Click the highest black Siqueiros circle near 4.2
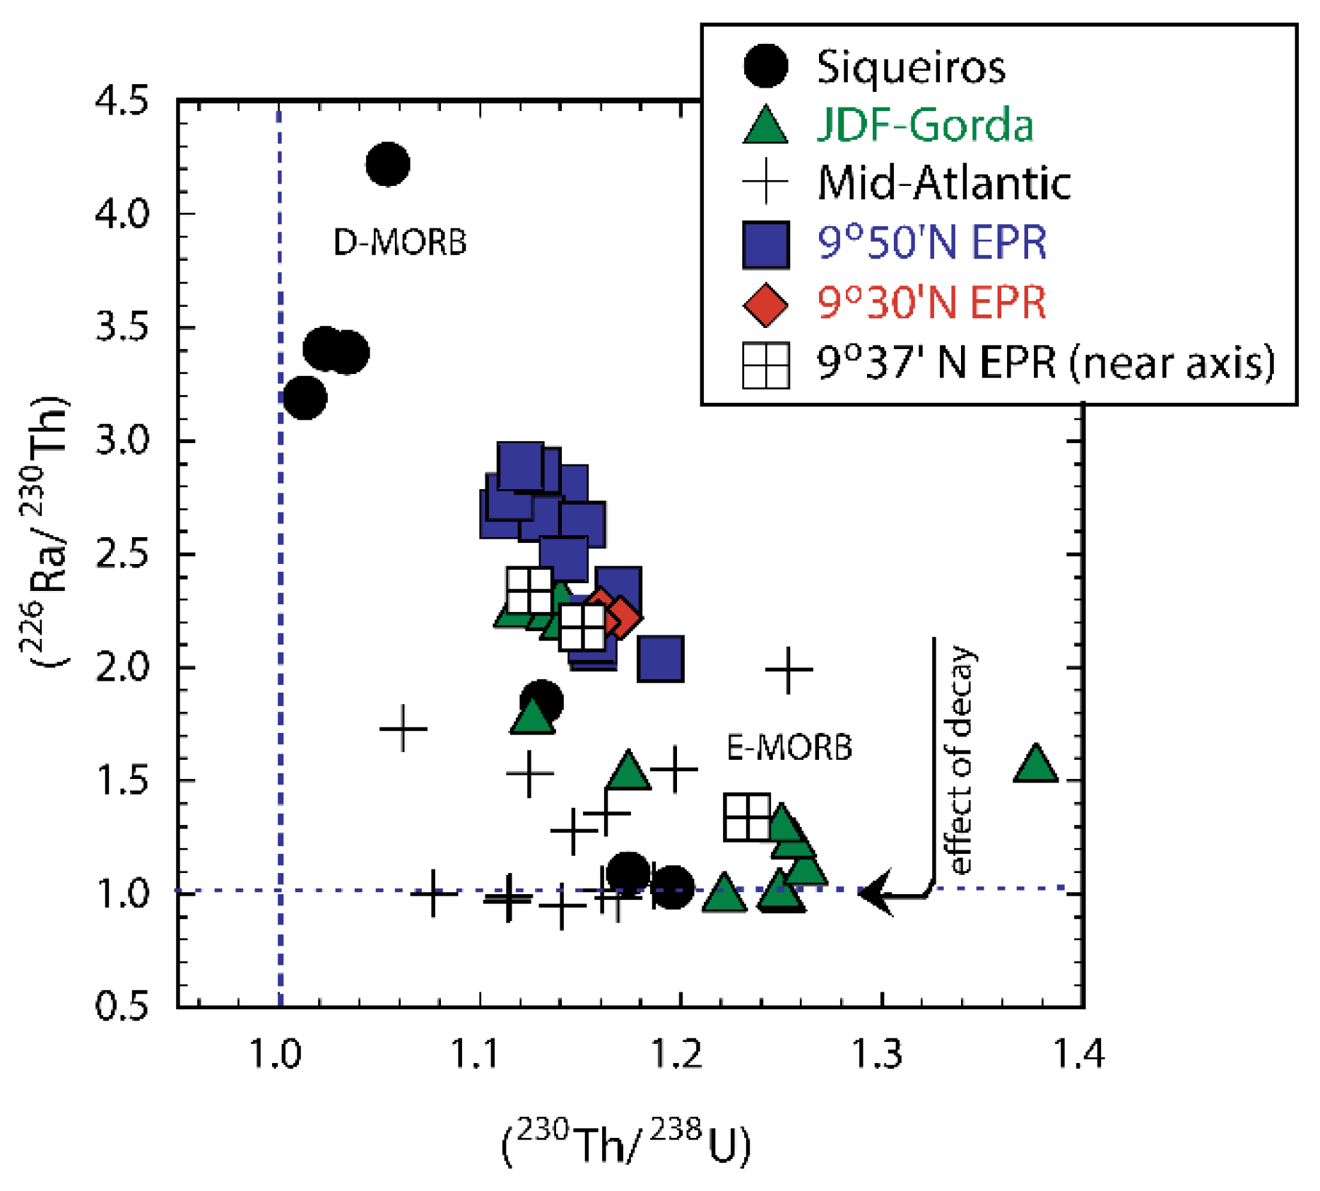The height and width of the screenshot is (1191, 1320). pyautogui.click(x=387, y=164)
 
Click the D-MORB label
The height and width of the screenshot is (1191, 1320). pyautogui.click(x=399, y=242)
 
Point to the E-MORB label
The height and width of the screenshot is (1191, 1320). pyautogui.click(x=789, y=747)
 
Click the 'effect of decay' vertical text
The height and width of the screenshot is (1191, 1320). pyautogui.click(x=960, y=760)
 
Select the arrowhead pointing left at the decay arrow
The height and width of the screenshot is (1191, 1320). pyautogui.click(x=875, y=893)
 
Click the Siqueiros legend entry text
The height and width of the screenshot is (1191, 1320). pyautogui.click(x=910, y=68)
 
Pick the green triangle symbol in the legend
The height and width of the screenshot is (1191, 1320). pyautogui.click(x=765, y=127)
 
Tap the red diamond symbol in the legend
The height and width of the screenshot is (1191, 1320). pyautogui.click(x=765, y=305)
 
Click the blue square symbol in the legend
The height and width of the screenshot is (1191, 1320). pyautogui.click(x=765, y=245)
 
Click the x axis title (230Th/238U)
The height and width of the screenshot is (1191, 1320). pyautogui.click(x=626, y=1142)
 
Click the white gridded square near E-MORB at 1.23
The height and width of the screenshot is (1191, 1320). pyautogui.click(x=747, y=817)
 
